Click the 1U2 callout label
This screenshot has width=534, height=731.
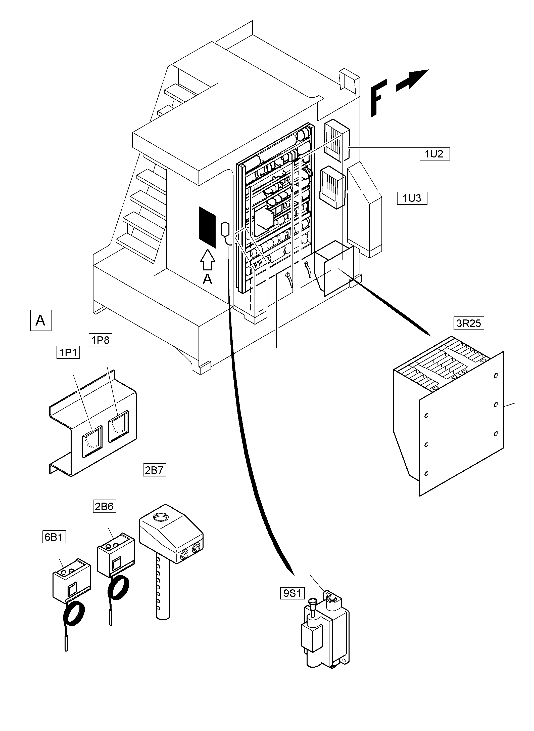(434, 154)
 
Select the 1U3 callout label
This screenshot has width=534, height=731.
(412, 198)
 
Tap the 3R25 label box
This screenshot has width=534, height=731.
(469, 323)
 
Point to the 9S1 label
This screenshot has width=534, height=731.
(292, 593)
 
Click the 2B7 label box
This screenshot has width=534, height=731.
(155, 470)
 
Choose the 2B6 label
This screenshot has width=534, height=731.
(104, 506)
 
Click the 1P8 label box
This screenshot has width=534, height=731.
(101, 340)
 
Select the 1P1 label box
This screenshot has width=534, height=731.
(68, 352)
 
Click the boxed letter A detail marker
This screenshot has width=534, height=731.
(41, 320)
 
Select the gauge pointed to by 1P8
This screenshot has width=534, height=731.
(119, 426)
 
